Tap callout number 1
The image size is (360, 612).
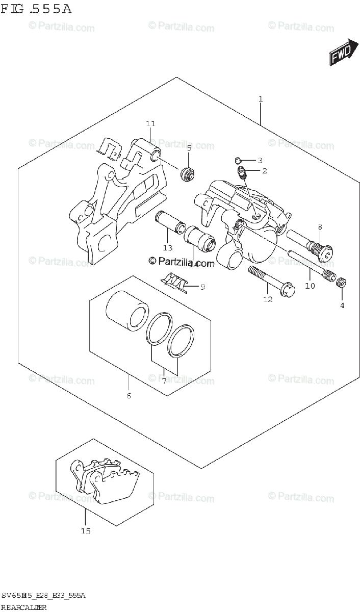[260, 99]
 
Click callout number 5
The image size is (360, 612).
[189, 148]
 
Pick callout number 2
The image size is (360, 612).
[264, 171]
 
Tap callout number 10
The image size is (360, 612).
[310, 286]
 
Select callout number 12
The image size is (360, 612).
[268, 299]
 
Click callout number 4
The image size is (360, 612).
[342, 305]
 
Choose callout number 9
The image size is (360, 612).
[202, 287]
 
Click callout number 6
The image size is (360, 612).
[128, 396]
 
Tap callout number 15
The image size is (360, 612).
[86, 531]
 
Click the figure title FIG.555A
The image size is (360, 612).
[36, 10]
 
